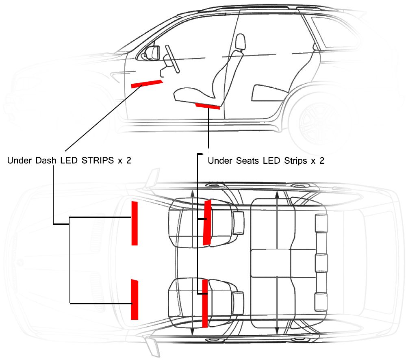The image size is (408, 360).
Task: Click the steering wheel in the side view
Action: click(x=172, y=59)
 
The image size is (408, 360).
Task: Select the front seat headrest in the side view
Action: click(x=240, y=42)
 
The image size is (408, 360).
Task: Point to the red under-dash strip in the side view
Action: click(x=147, y=84)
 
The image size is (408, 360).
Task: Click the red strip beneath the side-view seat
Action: click(x=208, y=106)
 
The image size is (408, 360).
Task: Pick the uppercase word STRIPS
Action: click(x=98, y=160)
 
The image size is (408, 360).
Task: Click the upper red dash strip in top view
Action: click(x=135, y=223)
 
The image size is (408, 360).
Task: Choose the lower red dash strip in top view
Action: click(x=134, y=299)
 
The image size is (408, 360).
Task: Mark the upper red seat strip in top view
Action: click(x=207, y=222)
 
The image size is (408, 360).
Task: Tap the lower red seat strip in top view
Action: click(x=205, y=303)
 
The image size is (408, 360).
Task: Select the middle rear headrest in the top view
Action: click(x=321, y=263)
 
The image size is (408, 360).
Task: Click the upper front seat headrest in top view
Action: click(x=239, y=223)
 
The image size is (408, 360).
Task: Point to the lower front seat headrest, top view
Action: click(x=238, y=303)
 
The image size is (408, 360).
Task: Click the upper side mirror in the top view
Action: click(x=153, y=178)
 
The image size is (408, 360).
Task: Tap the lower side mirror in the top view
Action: click(x=152, y=346)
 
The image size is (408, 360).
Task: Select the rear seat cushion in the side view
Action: click(x=269, y=93)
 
